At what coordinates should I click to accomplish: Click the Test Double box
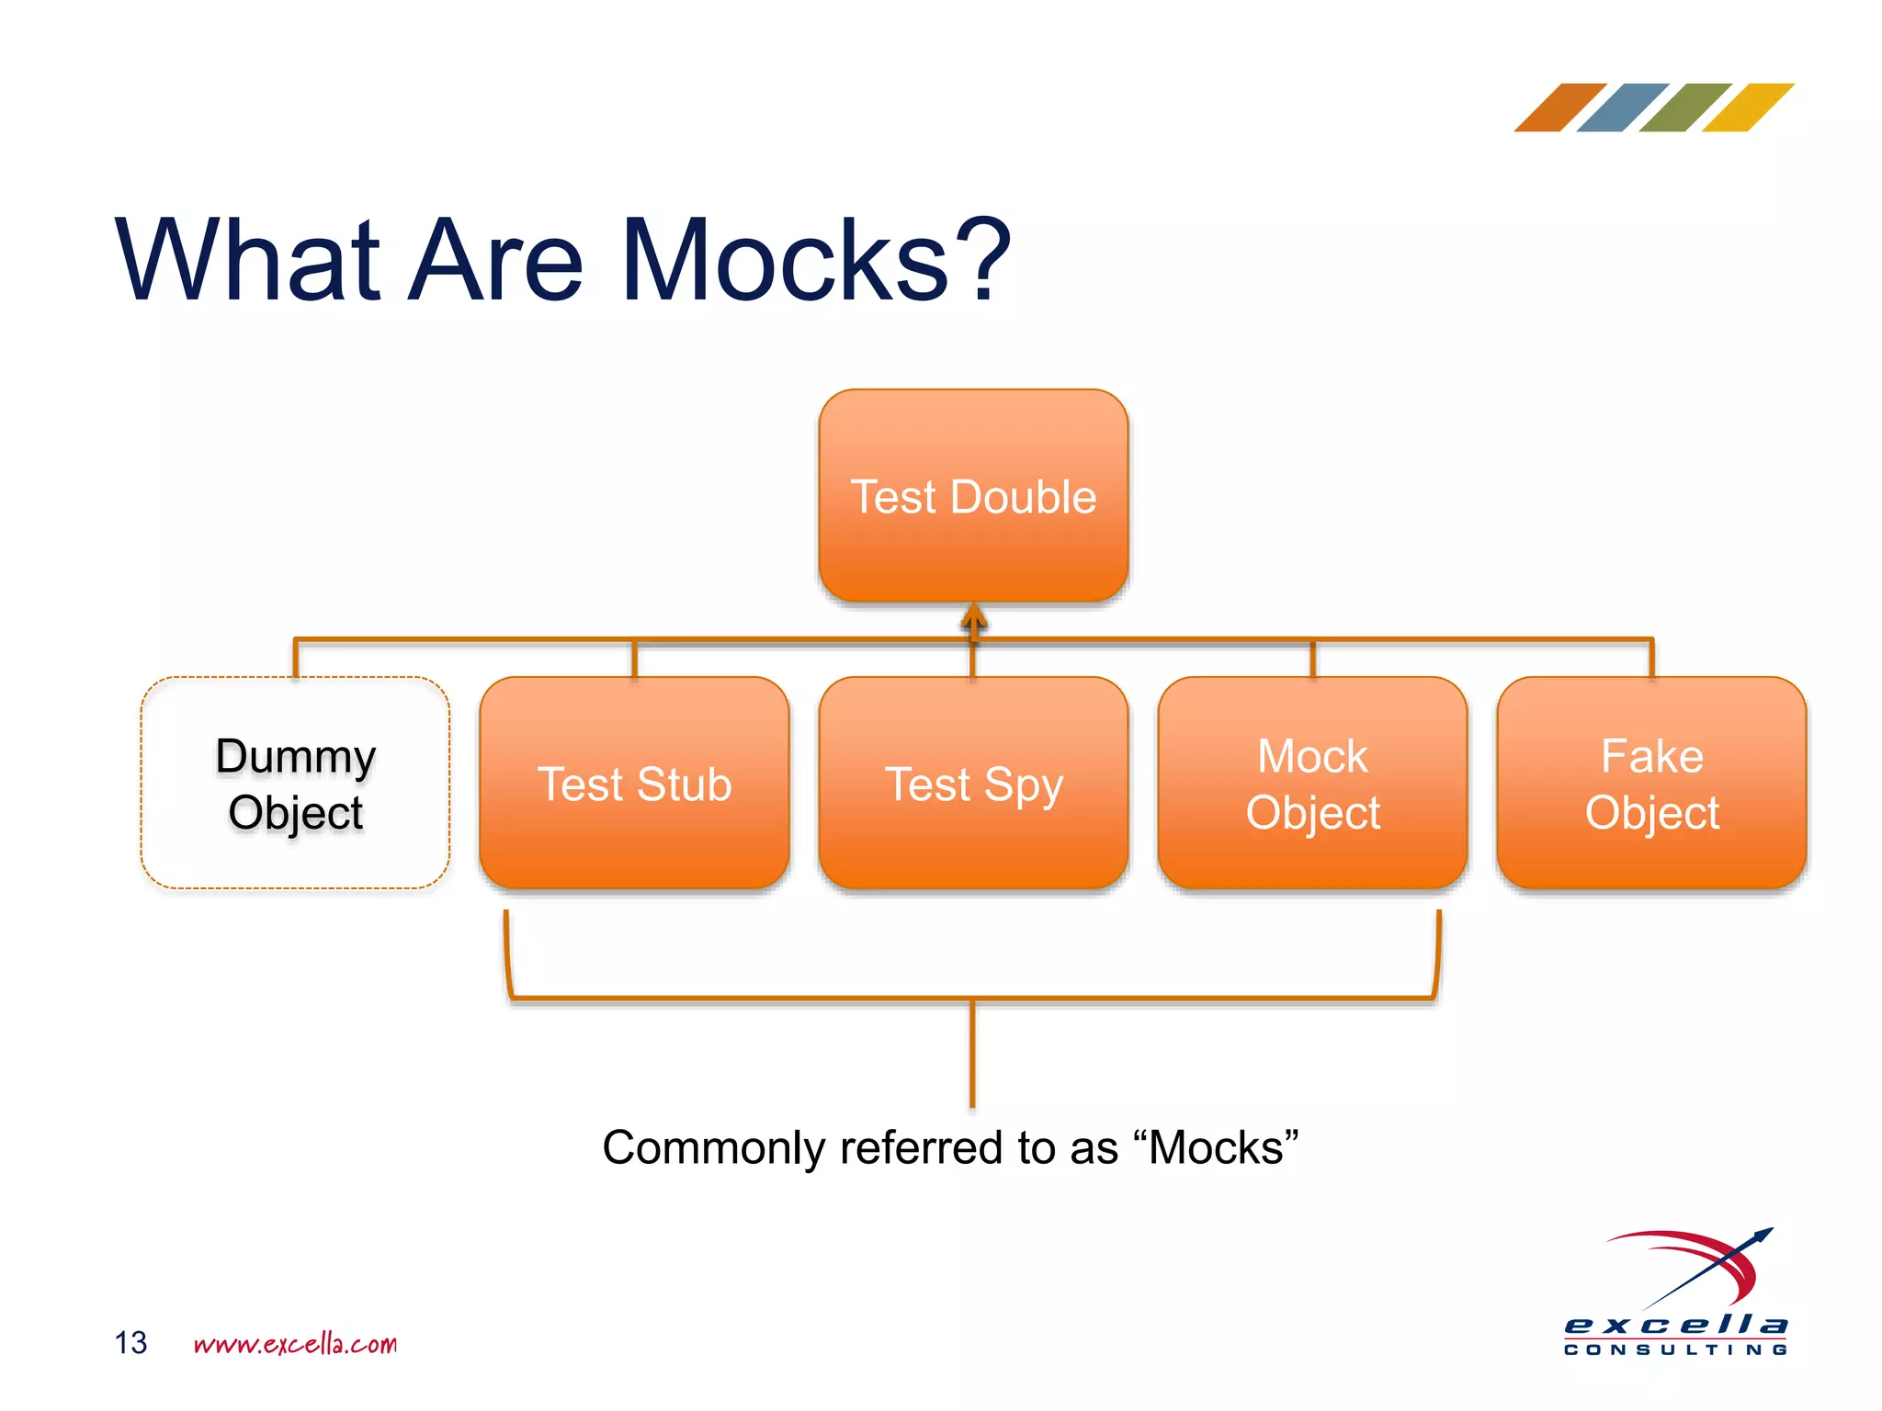point(973,496)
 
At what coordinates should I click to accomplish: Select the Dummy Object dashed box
point(295,784)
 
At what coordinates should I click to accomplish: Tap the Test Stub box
point(634,784)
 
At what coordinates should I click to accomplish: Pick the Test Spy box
point(973,784)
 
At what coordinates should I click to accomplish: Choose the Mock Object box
point(1312,784)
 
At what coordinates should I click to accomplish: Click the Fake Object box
point(1651,784)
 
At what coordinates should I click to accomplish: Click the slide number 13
point(130,1343)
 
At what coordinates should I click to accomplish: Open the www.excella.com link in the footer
point(295,1344)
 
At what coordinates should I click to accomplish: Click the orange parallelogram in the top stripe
point(1559,107)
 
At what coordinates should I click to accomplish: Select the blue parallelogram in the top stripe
point(1622,107)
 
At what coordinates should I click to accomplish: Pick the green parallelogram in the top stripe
point(1684,107)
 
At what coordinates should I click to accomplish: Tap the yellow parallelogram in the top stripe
point(1747,107)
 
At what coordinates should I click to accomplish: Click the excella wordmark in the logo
point(1675,1325)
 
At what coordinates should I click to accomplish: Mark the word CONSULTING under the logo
point(1675,1349)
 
